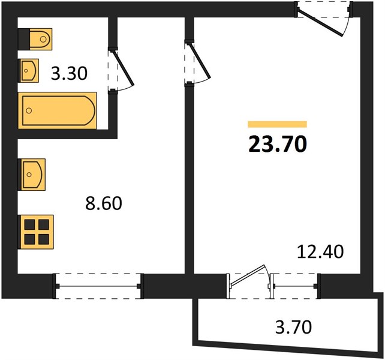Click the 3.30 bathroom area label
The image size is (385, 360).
69,73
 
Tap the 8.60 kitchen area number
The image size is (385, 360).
104,203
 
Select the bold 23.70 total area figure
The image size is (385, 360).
278,144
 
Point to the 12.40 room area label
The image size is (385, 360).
320,251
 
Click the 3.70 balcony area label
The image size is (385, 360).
293,327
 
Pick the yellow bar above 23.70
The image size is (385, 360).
278,124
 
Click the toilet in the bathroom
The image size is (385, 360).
35,40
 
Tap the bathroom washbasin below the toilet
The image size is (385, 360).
29,71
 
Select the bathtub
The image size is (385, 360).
58,110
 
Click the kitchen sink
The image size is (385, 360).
32,175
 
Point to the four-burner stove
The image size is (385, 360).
36,232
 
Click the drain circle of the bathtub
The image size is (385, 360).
29,110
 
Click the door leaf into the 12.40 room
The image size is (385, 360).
200,61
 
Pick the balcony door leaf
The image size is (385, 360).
248,276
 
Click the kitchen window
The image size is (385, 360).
98,286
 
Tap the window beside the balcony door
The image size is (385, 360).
294,286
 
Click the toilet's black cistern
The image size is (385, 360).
25,40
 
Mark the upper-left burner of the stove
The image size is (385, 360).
29,224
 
